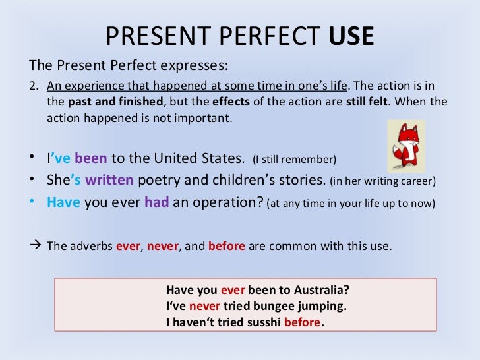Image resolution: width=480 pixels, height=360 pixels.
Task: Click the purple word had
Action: pyautogui.click(x=157, y=203)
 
